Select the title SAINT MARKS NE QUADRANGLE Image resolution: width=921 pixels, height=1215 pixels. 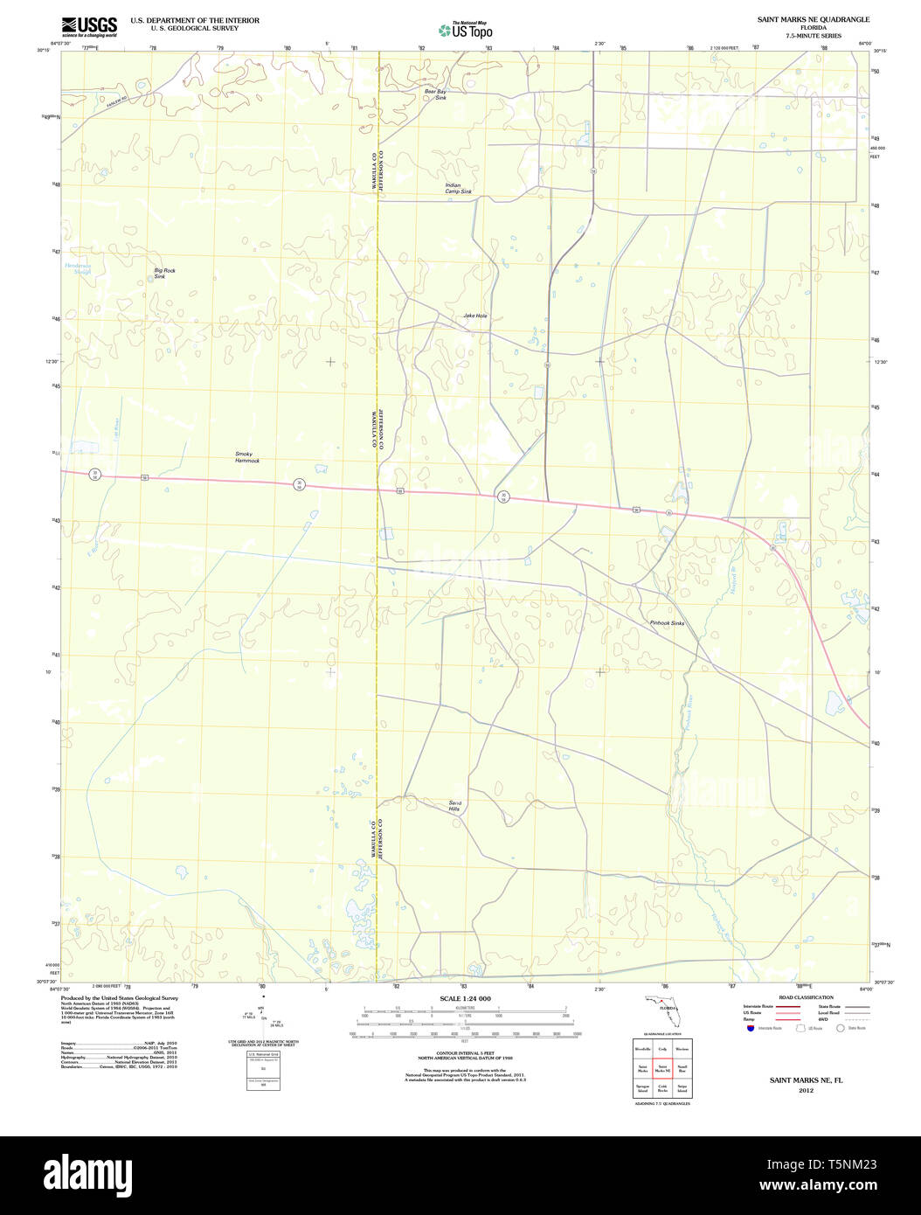pos(813,19)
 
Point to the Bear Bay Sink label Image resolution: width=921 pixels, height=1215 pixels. pos(435,94)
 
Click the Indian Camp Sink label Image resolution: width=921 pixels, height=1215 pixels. pos(458,188)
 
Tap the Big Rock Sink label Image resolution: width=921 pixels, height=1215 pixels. pos(164,274)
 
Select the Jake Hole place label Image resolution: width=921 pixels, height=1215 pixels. pos(475,316)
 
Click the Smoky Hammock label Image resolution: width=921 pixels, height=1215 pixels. pos(247,457)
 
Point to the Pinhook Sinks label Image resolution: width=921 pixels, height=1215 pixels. pos(667,623)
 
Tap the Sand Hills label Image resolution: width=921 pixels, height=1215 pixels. pos(454,806)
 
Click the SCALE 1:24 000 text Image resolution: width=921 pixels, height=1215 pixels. pos(465,999)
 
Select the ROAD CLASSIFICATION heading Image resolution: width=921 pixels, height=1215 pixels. pos(806,997)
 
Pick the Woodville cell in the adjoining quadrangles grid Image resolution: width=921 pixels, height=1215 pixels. pos(642,1048)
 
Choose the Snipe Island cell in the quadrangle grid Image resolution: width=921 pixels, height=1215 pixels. pos(682,1089)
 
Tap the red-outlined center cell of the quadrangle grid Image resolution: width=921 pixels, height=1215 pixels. pos(662,1068)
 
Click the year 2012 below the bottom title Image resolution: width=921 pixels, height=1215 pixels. pos(806,1091)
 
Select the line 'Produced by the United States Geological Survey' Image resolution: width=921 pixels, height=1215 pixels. pos(120,997)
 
